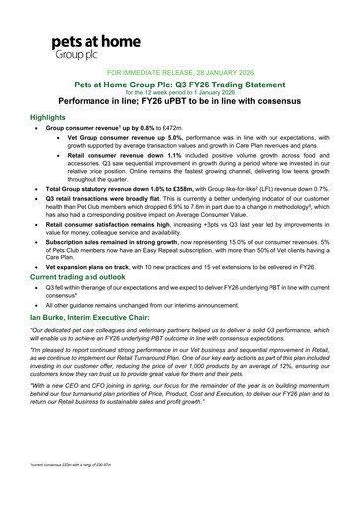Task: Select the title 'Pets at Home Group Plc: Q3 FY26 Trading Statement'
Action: (179, 86)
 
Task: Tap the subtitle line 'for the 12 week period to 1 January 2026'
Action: (179, 94)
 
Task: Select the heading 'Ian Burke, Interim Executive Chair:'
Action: (102, 316)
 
